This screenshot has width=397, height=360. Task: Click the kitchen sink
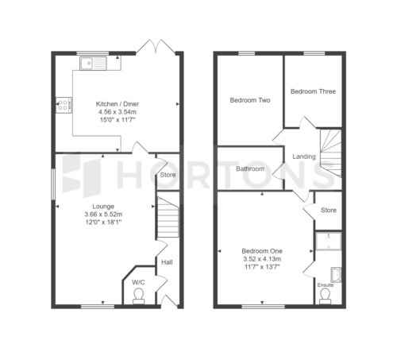tap(93, 64)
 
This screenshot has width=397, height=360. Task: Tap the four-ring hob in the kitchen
tap(64, 105)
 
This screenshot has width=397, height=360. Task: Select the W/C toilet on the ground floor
tap(139, 296)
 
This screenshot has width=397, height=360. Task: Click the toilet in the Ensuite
tap(325, 296)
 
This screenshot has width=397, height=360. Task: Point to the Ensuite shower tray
tap(328, 241)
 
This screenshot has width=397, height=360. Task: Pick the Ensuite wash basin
tap(336, 275)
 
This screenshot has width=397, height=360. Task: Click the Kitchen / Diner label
tap(118, 104)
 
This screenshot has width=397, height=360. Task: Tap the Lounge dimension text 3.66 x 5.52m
tap(103, 214)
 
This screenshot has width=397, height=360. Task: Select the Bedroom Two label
tap(250, 100)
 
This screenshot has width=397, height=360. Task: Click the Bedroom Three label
tap(313, 91)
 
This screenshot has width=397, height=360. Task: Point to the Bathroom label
tap(250, 168)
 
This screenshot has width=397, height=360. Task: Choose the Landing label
tap(304, 157)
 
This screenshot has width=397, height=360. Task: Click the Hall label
tap(167, 262)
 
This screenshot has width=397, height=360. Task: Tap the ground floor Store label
tap(168, 175)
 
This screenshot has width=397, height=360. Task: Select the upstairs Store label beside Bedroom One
tap(329, 210)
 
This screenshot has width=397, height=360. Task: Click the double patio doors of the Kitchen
tap(156, 47)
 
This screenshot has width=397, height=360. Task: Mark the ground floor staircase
tap(168, 217)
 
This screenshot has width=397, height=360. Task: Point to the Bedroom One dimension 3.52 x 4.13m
tap(262, 259)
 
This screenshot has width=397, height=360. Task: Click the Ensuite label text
tap(326, 285)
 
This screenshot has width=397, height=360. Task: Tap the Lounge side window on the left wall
tap(53, 184)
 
